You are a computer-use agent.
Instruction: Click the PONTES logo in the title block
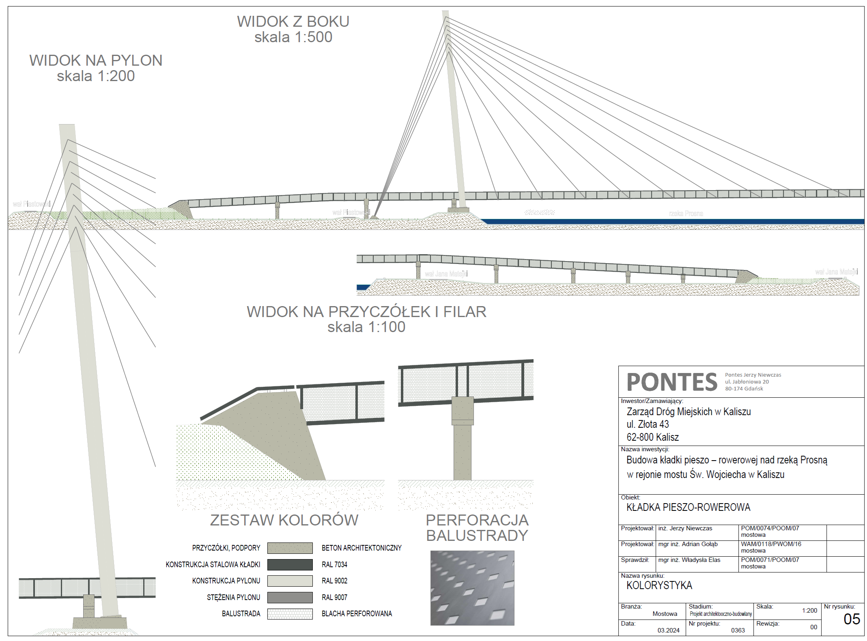[x=672, y=382]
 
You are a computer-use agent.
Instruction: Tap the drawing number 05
[x=852, y=619]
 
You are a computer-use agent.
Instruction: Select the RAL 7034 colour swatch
[x=290, y=564]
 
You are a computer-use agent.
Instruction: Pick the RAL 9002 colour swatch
[x=290, y=581]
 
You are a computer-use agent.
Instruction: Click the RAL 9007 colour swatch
[x=290, y=597]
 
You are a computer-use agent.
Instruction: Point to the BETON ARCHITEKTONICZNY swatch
[x=290, y=548]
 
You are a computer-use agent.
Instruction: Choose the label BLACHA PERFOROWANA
[x=357, y=613]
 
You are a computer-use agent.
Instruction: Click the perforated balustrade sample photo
[x=472, y=587]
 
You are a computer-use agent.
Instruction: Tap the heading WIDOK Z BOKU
[x=293, y=21]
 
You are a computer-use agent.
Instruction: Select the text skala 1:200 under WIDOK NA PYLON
[x=96, y=76]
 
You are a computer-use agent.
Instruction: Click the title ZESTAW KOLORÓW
[x=284, y=520]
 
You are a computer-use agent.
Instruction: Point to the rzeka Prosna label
[x=686, y=213]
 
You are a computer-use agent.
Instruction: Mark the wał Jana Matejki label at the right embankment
[x=836, y=272]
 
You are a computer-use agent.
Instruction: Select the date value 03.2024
[x=668, y=630]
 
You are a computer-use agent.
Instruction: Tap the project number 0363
[x=738, y=630]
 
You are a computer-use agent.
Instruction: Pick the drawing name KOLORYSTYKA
[x=659, y=585]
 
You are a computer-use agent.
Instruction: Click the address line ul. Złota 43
[x=648, y=424]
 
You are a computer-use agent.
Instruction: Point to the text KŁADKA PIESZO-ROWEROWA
[x=688, y=507]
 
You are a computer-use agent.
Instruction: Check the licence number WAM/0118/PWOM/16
[x=771, y=544]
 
